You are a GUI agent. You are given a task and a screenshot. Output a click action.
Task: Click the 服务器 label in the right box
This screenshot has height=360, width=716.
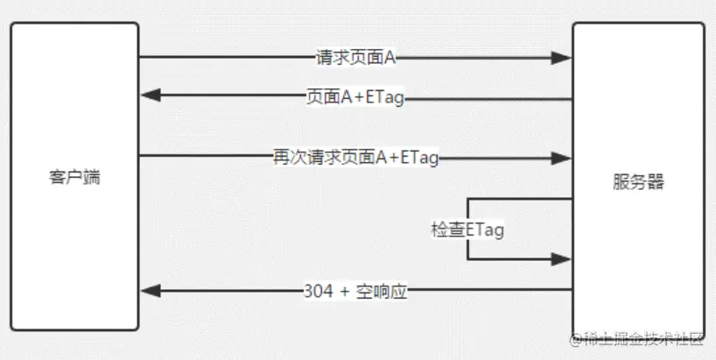[x=638, y=182]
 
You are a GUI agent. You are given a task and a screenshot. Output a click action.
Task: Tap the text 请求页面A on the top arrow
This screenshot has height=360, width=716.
[x=356, y=58]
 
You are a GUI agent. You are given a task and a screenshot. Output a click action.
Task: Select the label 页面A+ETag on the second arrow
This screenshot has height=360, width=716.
[x=355, y=98]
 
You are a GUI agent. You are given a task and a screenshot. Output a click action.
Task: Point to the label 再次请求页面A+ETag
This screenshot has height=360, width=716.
[x=355, y=158]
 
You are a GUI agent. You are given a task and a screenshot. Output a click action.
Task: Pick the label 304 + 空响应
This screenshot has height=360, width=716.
[x=355, y=292]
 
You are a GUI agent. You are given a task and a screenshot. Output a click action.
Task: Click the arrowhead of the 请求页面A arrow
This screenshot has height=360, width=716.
[x=563, y=58]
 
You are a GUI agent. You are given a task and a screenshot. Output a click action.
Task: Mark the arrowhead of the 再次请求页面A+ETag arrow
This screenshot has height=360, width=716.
[x=563, y=158]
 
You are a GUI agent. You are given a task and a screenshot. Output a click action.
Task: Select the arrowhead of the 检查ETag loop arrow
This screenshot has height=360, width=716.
[x=563, y=259]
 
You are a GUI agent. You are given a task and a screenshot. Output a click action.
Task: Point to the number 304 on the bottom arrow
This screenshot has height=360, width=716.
[x=318, y=292]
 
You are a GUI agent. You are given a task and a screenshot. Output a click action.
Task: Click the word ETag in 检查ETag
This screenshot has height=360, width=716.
[x=485, y=229]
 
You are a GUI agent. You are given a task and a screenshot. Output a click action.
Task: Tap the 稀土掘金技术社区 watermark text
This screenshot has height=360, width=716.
[x=642, y=339]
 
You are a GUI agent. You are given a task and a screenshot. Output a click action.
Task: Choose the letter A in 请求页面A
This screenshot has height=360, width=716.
[x=391, y=58]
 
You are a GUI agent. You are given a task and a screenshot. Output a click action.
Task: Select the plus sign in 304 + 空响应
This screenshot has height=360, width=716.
[x=343, y=292]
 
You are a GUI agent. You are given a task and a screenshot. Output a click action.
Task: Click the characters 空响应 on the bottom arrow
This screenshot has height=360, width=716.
[x=382, y=292]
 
